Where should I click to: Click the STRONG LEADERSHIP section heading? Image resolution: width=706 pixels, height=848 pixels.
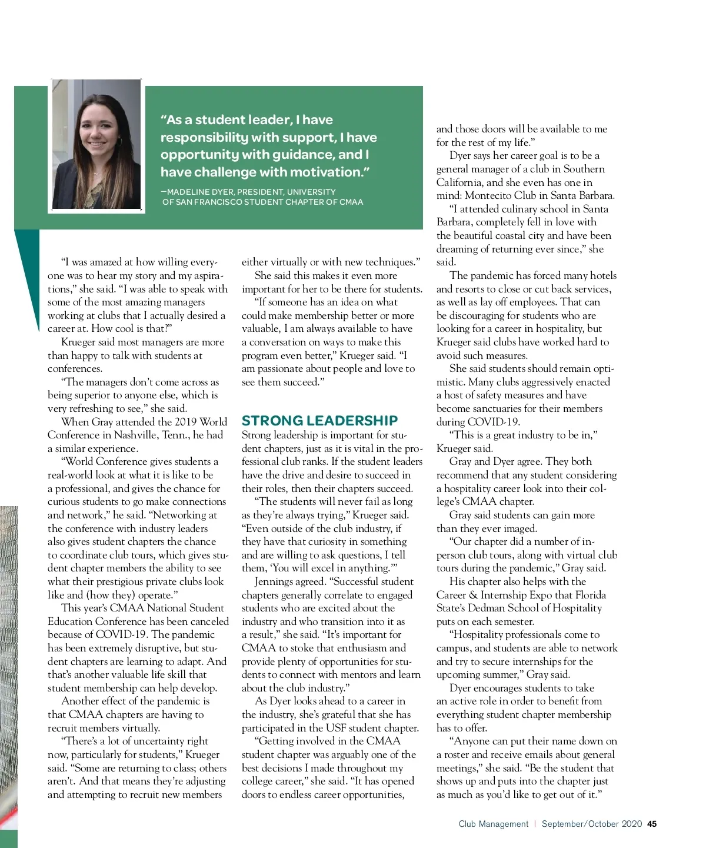coord(319,421)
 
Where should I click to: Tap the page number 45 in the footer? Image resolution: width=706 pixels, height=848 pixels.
coord(652,824)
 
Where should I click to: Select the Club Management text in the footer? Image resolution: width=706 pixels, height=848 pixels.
coord(494,824)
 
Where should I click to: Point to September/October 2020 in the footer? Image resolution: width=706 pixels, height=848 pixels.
coord(592,824)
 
